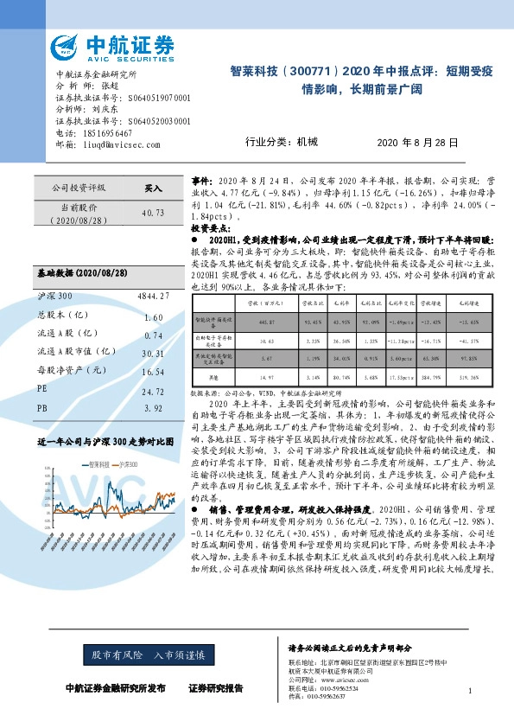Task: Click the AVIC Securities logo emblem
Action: [67, 46]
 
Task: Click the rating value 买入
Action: [153, 187]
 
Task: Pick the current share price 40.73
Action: [152, 212]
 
